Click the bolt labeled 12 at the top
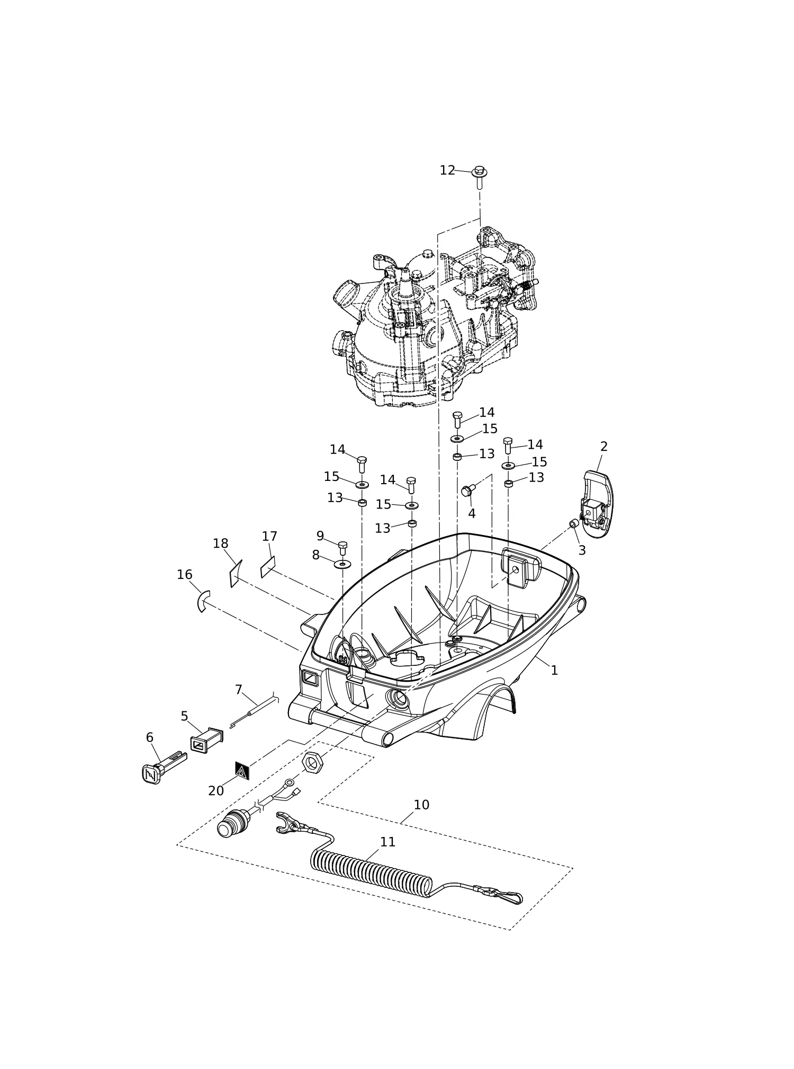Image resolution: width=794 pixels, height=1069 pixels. pyautogui.click(x=480, y=177)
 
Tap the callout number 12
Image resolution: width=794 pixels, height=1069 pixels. pyautogui.click(x=447, y=170)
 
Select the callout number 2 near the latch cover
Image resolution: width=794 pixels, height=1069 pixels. pyautogui.click(x=604, y=447)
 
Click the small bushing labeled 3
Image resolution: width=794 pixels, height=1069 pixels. pyautogui.click(x=574, y=524)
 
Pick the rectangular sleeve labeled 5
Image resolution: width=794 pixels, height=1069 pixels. pyautogui.click(x=206, y=741)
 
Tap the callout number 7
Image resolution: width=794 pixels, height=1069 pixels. pyautogui.click(x=238, y=690)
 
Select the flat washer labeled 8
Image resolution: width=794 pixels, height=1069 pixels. pyautogui.click(x=343, y=563)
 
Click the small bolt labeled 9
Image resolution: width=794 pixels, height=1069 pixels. pyautogui.click(x=342, y=548)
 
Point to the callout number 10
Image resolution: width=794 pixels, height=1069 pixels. pyautogui.click(x=421, y=805)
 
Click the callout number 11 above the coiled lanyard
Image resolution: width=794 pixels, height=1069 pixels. pyautogui.click(x=387, y=842)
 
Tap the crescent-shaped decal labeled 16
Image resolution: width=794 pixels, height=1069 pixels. pyautogui.click(x=204, y=601)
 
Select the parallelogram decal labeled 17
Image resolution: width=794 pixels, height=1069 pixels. pyautogui.click(x=268, y=567)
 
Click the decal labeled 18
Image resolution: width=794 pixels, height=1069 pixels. pyautogui.click(x=236, y=574)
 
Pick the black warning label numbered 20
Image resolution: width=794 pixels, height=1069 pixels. pyautogui.click(x=242, y=771)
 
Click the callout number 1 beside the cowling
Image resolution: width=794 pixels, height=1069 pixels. pyautogui.click(x=554, y=670)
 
